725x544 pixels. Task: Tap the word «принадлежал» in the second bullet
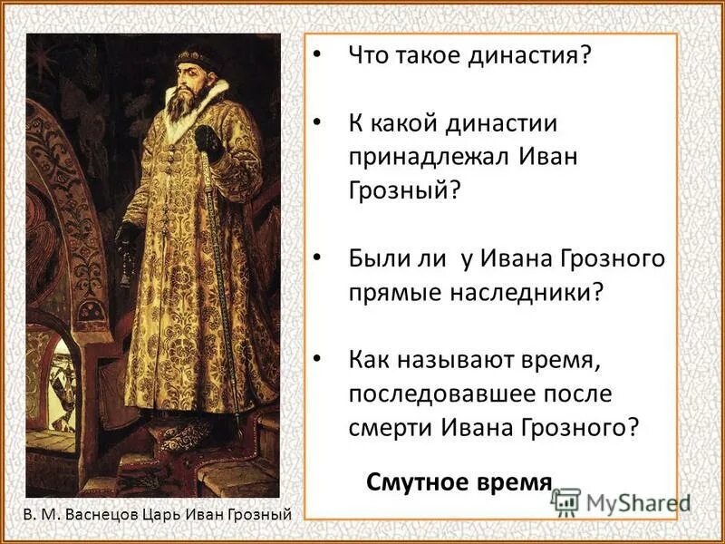pos(430,155)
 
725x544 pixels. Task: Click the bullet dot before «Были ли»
pos(316,258)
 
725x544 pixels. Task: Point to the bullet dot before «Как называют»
pos(316,360)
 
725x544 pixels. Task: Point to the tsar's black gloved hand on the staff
pos(209,143)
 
